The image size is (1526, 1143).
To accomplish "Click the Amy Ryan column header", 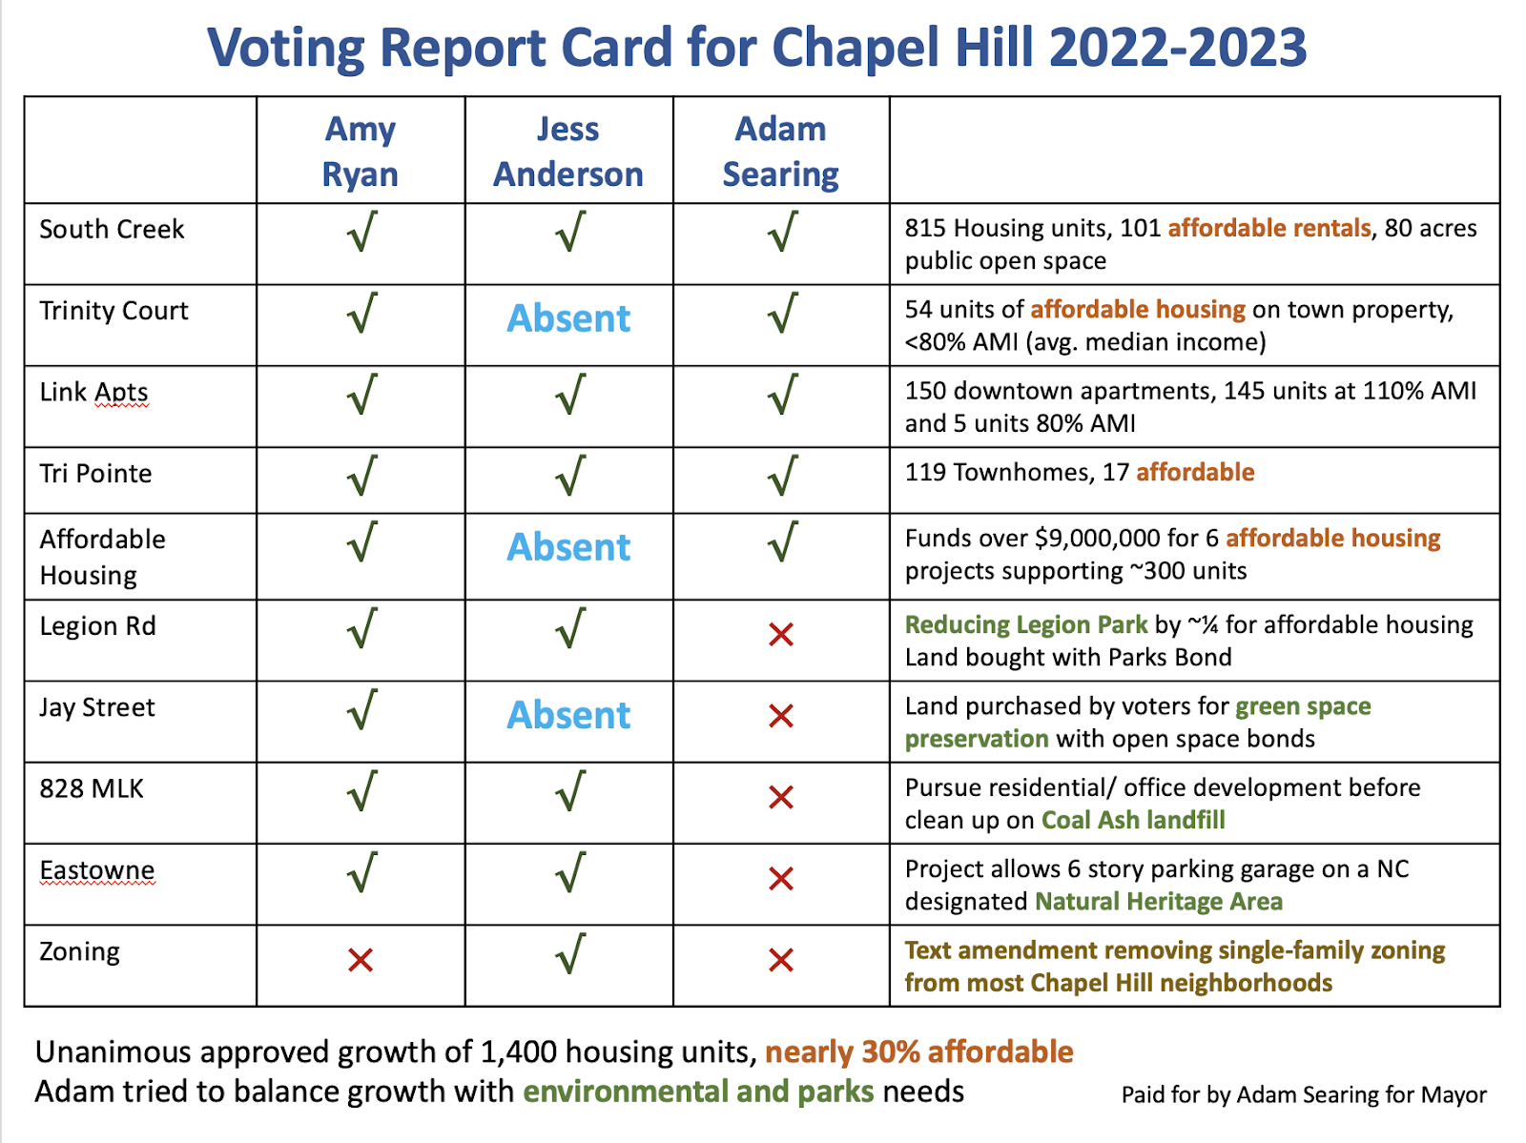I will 360,152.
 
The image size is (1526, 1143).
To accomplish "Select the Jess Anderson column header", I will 568,152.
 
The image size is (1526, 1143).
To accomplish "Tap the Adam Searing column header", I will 780,152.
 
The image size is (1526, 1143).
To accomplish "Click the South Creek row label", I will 112,229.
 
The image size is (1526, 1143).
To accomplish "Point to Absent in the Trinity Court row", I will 568,318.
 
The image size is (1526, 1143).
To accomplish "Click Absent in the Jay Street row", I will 568,715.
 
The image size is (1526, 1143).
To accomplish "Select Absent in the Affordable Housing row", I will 568,547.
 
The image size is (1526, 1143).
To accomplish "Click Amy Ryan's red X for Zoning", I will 361,960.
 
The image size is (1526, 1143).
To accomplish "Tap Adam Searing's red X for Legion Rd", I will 781,634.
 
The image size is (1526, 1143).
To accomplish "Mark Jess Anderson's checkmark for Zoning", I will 570,954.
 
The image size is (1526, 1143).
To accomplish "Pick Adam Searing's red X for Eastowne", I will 781,878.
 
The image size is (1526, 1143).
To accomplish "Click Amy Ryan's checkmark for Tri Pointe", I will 362,476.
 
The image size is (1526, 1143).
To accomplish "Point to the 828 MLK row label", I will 92,788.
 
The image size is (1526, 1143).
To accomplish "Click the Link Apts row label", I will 93,392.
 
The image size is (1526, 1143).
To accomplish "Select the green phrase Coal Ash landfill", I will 1133,820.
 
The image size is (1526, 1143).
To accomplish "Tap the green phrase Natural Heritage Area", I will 1159,901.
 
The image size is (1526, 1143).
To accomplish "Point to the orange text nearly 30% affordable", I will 919,1051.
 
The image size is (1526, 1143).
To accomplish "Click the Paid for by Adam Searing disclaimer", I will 1304,1094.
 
